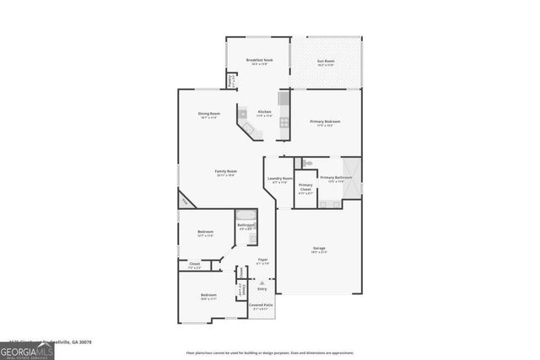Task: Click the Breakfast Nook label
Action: (x=259, y=60)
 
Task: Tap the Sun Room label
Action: (x=326, y=61)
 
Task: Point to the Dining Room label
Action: (x=209, y=114)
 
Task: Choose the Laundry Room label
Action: (x=280, y=178)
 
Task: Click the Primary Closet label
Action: (x=305, y=186)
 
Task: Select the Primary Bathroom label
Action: (x=336, y=178)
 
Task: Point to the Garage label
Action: (x=319, y=248)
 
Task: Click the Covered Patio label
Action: (x=261, y=304)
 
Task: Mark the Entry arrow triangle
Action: (x=262, y=282)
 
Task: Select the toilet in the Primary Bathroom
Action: (x=309, y=162)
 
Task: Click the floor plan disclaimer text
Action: (x=269, y=353)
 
